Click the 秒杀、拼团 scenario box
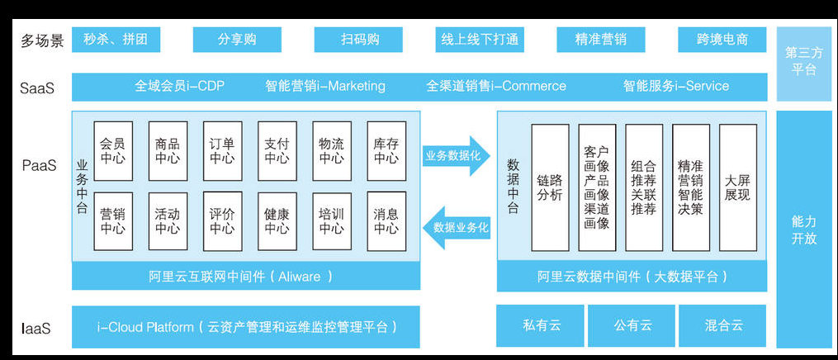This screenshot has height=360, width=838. [x=116, y=40]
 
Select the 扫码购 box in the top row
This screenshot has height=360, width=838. [x=358, y=40]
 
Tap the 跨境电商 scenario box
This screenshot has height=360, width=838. [x=722, y=40]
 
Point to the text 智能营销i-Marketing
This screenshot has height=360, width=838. [x=325, y=86]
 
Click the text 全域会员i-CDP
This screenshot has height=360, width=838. [x=180, y=86]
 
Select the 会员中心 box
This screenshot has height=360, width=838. [x=113, y=151]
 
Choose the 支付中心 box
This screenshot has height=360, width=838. [x=277, y=151]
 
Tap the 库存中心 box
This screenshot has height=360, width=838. [x=386, y=151]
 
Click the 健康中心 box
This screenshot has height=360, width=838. [x=277, y=221]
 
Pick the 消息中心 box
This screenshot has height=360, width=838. [x=386, y=221]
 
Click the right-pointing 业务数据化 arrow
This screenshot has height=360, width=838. [x=457, y=156]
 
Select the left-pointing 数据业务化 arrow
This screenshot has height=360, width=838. [x=457, y=228]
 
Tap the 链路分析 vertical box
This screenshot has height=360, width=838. [x=550, y=187]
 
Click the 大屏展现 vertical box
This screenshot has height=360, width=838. [x=737, y=187]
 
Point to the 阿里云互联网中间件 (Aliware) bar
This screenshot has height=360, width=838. [x=246, y=276]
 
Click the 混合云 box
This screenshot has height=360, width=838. [x=722, y=326]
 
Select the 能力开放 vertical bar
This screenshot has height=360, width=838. [x=804, y=230]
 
